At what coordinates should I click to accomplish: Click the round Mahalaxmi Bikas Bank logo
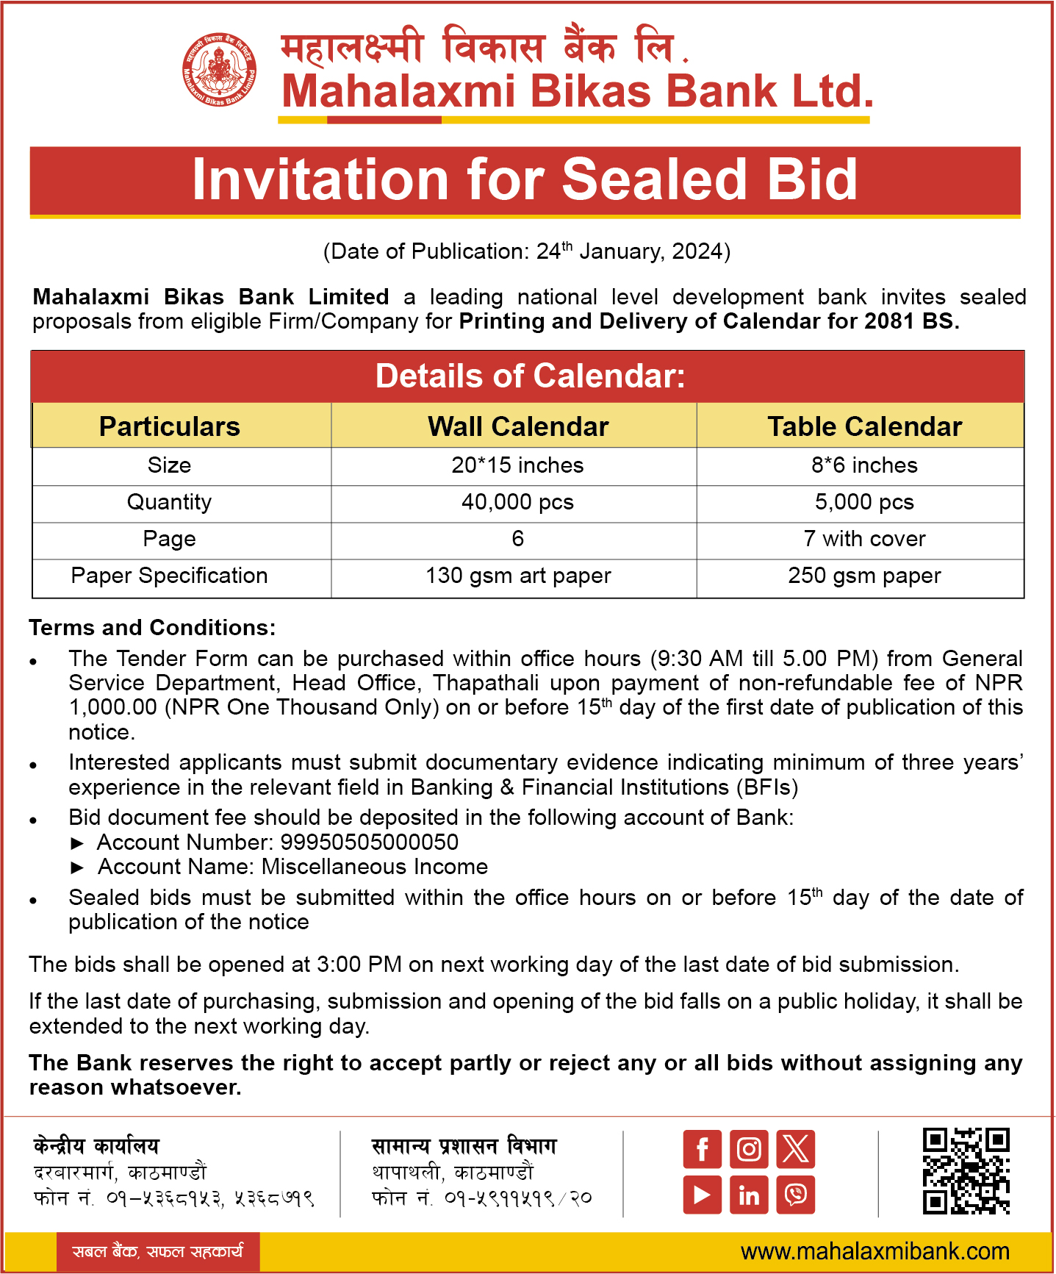pyautogui.click(x=220, y=71)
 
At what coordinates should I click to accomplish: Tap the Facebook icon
pyautogui.click(x=702, y=1149)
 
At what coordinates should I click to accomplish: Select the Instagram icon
pyautogui.click(x=749, y=1149)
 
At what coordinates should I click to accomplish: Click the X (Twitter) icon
pyautogui.click(x=796, y=1149)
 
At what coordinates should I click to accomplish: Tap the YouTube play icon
pyautogui.click(x=702, y=1195)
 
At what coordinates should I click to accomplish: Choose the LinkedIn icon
pyautogui.click(x=749, y=1195)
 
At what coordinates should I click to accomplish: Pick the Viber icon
pyautogui.click(x=796, y=1195)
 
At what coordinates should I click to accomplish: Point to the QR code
pyautogui.click(x=966, y=1171)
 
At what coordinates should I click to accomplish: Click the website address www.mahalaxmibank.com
pyautogui.click(x=874, y=1251)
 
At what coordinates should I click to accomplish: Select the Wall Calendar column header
pyautogui.click(x=518, y=426)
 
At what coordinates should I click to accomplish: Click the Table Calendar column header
pyautogui.click(x=864, y=426)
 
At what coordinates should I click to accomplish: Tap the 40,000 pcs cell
pyautogui.click(x=517, y=502)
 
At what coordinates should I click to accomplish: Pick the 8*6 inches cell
pyautogui.click(x=864, y=465)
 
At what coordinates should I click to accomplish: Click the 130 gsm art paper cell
pyautogui.click(x=518, y=576)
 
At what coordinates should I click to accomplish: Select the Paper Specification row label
pyautogui.click(x=169, y=576)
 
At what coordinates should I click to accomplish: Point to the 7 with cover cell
pyautogui.click(x=864, y=539)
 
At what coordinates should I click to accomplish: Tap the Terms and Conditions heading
pyautogui.click(x=152, y=628)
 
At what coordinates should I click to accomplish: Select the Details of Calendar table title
pyautogui.click(x=530, y=376)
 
